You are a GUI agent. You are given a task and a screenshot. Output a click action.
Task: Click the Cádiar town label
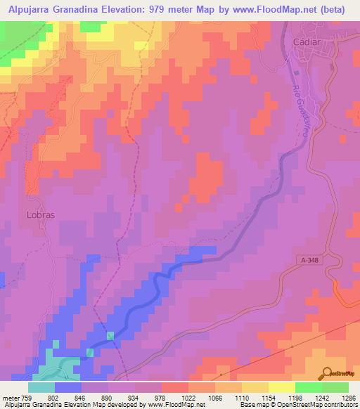306,42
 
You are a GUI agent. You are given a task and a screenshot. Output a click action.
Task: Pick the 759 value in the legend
27,397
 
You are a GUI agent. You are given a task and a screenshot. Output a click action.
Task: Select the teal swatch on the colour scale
41,387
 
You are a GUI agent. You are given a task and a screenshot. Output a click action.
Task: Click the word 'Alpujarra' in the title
31,11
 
